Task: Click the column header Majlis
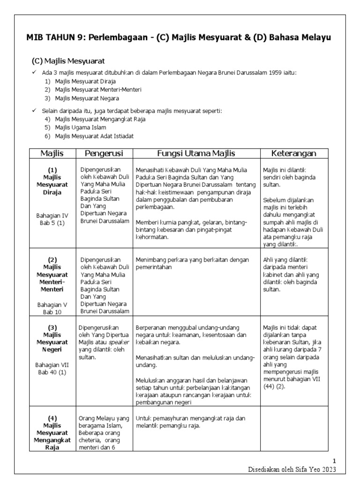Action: click(x=52, y=153)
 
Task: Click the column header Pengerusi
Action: click(x=104, y=153)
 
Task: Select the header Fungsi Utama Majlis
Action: click(x=196, y=153)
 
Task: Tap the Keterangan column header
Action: click(x=294, y=153)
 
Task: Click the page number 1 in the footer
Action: click(x=334, y=461)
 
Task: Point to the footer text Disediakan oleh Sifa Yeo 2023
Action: click(x=292, y=470)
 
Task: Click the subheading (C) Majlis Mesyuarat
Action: click(x=68, y=61)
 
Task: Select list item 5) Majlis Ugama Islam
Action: click(x=80, y=127)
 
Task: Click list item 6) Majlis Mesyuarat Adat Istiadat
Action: click(x=94, y=136)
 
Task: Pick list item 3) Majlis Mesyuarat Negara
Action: click(x=87, y=98)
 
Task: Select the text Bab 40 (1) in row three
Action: click(x=52, y=372)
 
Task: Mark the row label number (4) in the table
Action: click(x=52, y=418)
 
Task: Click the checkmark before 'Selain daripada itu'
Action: click(x=34, y=111)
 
